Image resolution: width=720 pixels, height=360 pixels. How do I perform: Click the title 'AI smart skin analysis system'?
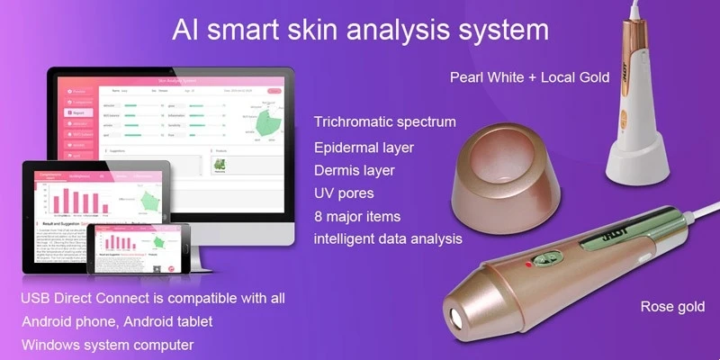click(x=360, y=29)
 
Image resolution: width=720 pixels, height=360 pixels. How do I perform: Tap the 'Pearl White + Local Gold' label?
click(x=530, y=77)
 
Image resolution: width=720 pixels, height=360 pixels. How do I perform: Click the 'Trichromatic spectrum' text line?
click(x=384, y=121)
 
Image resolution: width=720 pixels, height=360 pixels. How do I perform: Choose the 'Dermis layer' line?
click(x=355, y=169)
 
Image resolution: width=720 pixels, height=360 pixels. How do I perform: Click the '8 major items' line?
click(x=357, y=216)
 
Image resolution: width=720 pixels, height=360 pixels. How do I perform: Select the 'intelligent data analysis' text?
click(x=388, y=239)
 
